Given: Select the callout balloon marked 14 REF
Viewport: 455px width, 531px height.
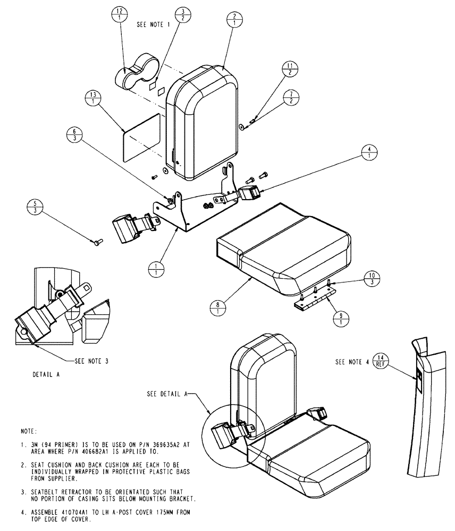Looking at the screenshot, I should click(x=380, y=361).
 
